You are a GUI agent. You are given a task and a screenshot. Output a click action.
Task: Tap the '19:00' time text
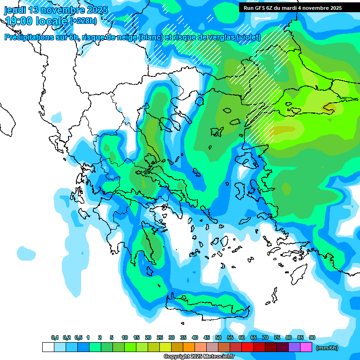point(18,21)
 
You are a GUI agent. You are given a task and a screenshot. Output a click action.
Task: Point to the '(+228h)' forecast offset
point(83,21)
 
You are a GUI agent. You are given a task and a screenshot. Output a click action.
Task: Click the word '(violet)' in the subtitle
point(248,37)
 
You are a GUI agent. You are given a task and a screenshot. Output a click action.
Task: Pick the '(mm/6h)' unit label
point(327,347)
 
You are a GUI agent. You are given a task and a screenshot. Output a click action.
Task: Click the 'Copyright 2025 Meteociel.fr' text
point(199,357)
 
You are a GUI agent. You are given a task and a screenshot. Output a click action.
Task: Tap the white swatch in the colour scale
point(48,347)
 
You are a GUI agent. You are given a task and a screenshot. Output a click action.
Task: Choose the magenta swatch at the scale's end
point(306,347)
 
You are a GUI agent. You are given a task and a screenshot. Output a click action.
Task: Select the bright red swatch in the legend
point(247,347)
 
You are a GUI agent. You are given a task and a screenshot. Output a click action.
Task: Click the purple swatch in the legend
point(294,347)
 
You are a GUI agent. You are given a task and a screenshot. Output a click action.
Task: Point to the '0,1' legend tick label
point(55,338)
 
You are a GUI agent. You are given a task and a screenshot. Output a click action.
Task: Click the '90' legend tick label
point(312,338)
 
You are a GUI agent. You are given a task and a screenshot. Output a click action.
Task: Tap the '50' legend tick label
point(218,338)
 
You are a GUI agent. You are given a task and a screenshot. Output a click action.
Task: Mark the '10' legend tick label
point(125,338)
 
